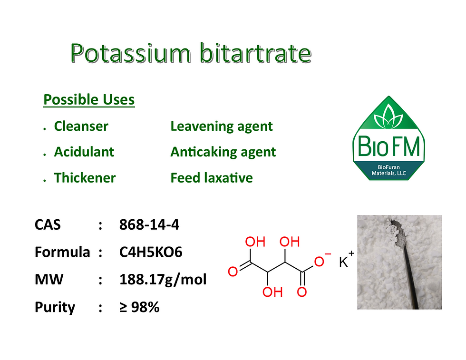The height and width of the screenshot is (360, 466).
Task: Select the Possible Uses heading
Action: click(89, 100)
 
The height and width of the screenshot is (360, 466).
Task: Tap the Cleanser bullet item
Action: click(81, 126)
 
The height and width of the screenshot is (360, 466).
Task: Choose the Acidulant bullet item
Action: click(84, 152)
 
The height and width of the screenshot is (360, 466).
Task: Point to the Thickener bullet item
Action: click(85, 178)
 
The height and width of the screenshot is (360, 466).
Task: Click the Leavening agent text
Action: click(221, 126)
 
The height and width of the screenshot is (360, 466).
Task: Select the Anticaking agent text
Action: click(223, 152)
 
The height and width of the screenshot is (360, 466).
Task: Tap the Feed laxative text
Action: click(211, 178)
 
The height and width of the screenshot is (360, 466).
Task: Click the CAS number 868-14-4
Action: click(149, 224)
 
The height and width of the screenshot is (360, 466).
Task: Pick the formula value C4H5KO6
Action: click(151, 252)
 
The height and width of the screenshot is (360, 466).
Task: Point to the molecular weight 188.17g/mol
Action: click(163, 279)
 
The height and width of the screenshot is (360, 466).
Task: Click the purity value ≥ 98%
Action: click(139, 307)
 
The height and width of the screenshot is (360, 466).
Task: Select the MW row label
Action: click(49, 279)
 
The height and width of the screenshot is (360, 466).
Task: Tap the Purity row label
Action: click(55, 307)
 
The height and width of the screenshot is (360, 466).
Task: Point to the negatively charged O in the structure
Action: click(320, 261)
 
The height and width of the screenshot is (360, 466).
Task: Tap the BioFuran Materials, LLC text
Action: click(388, 170)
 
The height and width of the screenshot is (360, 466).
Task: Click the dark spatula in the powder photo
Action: click(410, 266)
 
